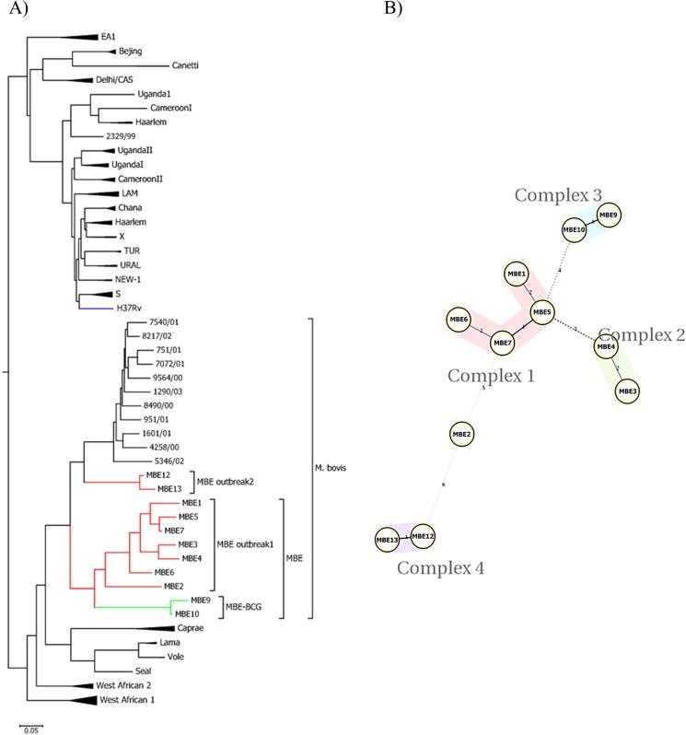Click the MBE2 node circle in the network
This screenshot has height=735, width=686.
[x=461, y=434]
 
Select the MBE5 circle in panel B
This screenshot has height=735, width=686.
[x=541, y=312]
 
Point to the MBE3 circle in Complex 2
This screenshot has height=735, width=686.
[x=628, y=391]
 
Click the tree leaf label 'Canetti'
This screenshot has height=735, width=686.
[x=188, y=65]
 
